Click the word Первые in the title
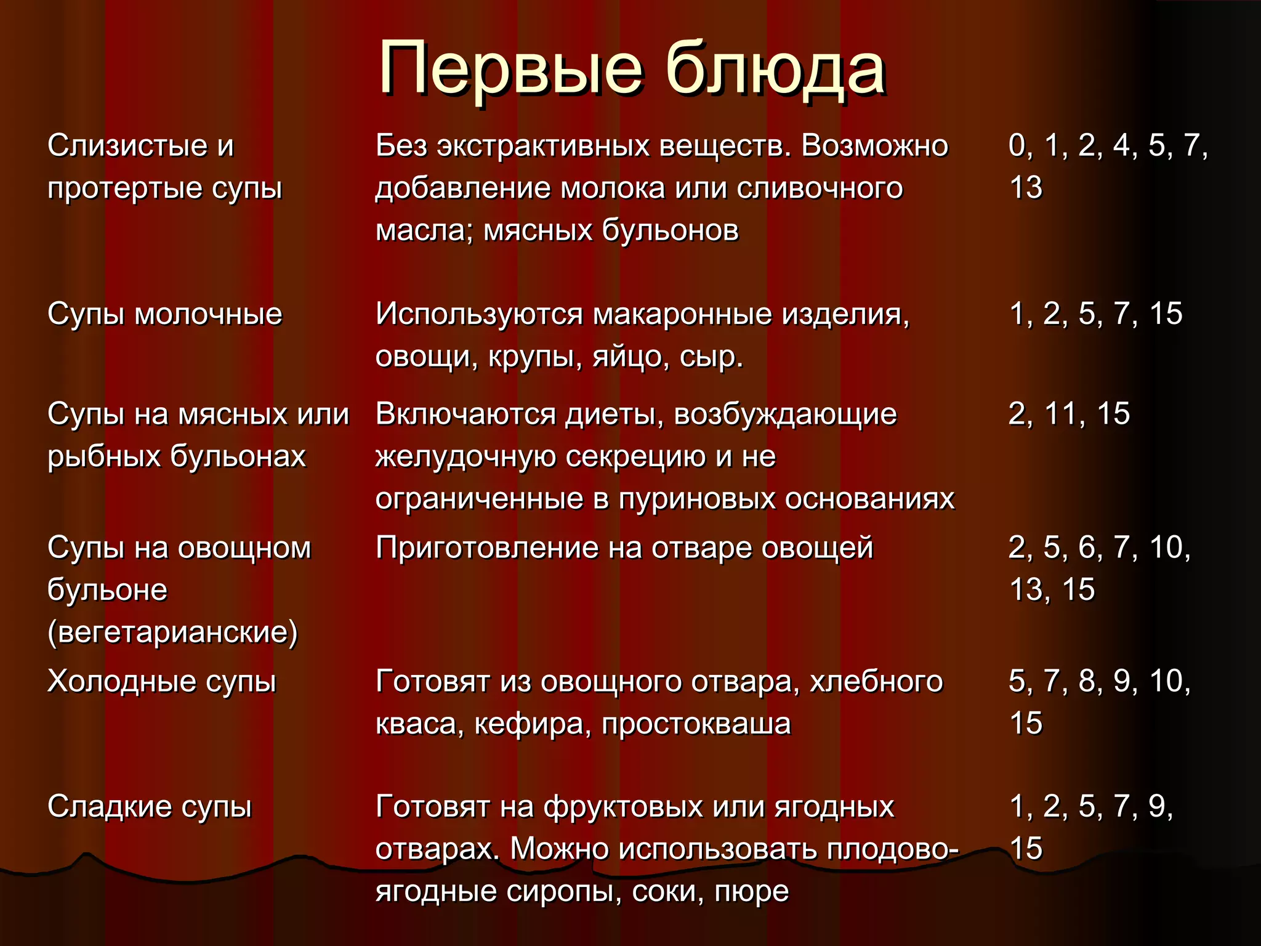pos(511,69)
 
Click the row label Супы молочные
pos(164,315)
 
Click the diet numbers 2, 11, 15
pos(1069,414)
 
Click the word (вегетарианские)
pos(172,633)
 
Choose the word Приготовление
pos(486,548)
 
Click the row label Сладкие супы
pos(150,807)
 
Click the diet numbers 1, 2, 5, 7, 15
pos(1096,314)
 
